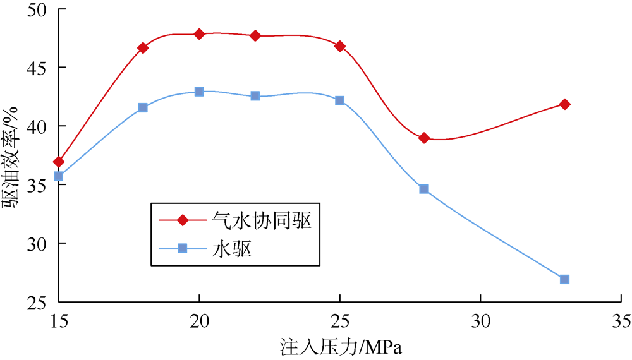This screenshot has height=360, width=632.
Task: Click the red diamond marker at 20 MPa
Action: [x=199, y=34]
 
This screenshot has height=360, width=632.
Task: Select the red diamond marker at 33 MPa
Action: [x=564, y=104]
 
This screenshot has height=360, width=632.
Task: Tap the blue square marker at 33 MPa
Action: [x=564, y=279]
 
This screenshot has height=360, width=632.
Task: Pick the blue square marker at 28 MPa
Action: [x=424, y=189]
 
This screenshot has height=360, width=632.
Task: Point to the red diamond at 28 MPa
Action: [x=424, y=138]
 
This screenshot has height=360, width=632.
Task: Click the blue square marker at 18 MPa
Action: [x=143, y=108]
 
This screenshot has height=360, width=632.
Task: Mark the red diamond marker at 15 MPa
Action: [x=59, y=162]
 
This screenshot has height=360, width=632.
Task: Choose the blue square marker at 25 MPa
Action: [x=340, y=100]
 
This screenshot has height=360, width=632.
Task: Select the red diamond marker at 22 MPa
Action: [x=255, y=36]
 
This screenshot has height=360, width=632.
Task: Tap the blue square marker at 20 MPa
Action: [x=199, y=92]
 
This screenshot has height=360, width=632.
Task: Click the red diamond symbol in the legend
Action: [x=182, y=220]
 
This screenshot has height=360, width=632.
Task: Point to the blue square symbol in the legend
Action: [x=182, y=248]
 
